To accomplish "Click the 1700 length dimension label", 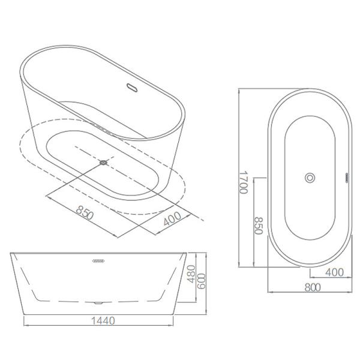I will coord(243,179).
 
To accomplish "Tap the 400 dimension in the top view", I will coord(334,272).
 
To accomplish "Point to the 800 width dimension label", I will coord(312,287).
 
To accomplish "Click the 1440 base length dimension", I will coord(103,321).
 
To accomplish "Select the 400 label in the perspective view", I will coord(172,221).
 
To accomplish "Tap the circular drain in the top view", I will coord(310,178).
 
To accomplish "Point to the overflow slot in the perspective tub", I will coord(133,88).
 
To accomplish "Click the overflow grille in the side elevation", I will coord(98,261).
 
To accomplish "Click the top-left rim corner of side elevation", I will coord(11,254).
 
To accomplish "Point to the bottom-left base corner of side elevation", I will coord(24,314).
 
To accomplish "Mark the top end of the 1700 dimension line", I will coord(239,90).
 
